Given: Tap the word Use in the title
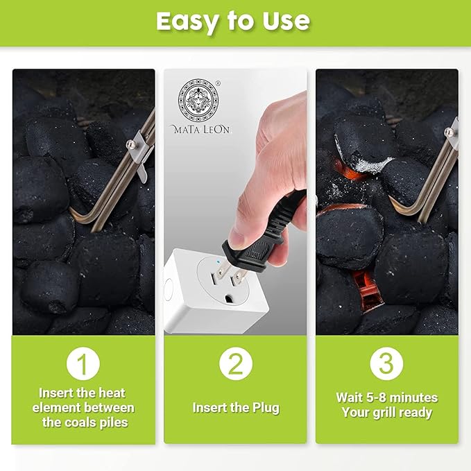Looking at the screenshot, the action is (x=286, y=21).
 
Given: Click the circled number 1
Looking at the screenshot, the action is (x=83, y=363).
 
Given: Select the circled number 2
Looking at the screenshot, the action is (x=236, y=363).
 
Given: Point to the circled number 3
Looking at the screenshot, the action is (x=386, y=363).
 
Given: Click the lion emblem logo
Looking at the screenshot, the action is (x=198, y=101).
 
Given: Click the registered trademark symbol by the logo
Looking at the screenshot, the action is (x=218, y=83).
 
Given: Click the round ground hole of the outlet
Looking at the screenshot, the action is (x=229, y=298).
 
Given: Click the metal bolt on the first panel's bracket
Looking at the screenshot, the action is (x=131, y=145).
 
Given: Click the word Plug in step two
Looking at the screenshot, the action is (x=266, y=408).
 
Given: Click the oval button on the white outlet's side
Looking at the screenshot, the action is (x=169, y=290).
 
